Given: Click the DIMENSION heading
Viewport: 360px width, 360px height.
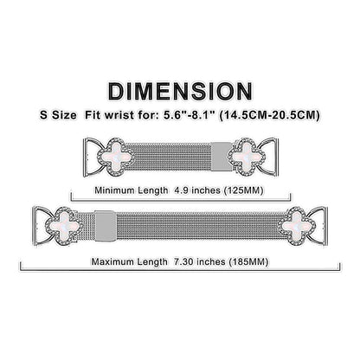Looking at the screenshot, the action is pos(180,92).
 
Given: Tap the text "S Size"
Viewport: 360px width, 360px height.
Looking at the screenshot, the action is pos(58,115).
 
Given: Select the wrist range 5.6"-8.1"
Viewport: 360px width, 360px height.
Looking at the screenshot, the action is pos(189,115).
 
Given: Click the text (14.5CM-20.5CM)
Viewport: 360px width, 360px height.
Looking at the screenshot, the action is pos(270,116).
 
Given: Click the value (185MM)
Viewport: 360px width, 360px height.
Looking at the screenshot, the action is pos(248,262).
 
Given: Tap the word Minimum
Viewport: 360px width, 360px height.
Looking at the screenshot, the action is pos(114,190).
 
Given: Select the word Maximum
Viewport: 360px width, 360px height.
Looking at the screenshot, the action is pos(112,261).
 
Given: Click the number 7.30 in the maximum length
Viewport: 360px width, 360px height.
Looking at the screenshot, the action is pos(182,261).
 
